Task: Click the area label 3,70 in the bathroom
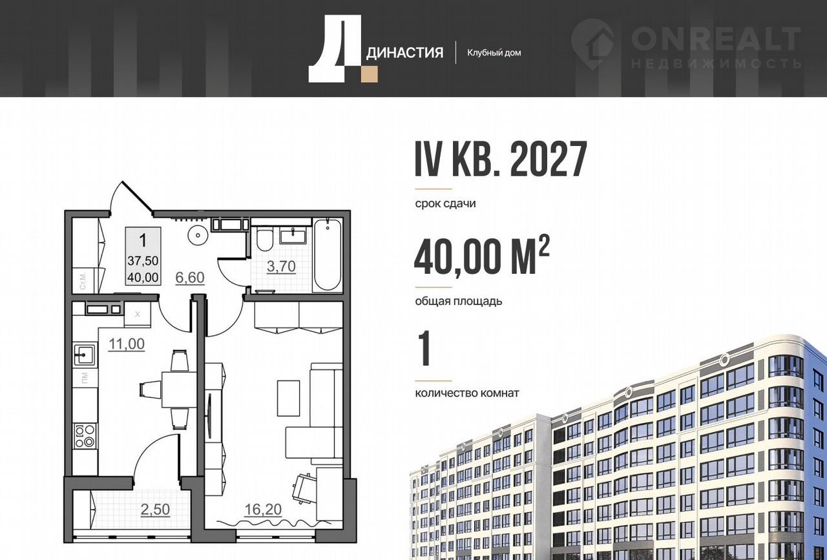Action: coord(281,266)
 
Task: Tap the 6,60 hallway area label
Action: coord(190,278)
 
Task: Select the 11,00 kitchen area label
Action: coord(127,344)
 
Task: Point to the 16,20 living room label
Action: coord(263,510)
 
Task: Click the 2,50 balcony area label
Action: coord(155,510)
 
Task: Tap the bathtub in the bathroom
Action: coord(328,255)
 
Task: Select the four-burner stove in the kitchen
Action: coord(85,436)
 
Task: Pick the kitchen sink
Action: coord(85,355)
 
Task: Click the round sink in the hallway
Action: coord(198,234)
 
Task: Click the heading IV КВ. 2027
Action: coord(501,160)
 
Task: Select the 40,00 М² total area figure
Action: coord(481,256)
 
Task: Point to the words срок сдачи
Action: coord(445,203)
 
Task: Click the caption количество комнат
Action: coord(467,393)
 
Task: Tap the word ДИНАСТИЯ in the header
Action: coord(404,54)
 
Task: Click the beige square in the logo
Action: coord(369,74)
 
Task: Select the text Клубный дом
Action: coord(494,53)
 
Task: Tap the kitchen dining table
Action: coord(179,389)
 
